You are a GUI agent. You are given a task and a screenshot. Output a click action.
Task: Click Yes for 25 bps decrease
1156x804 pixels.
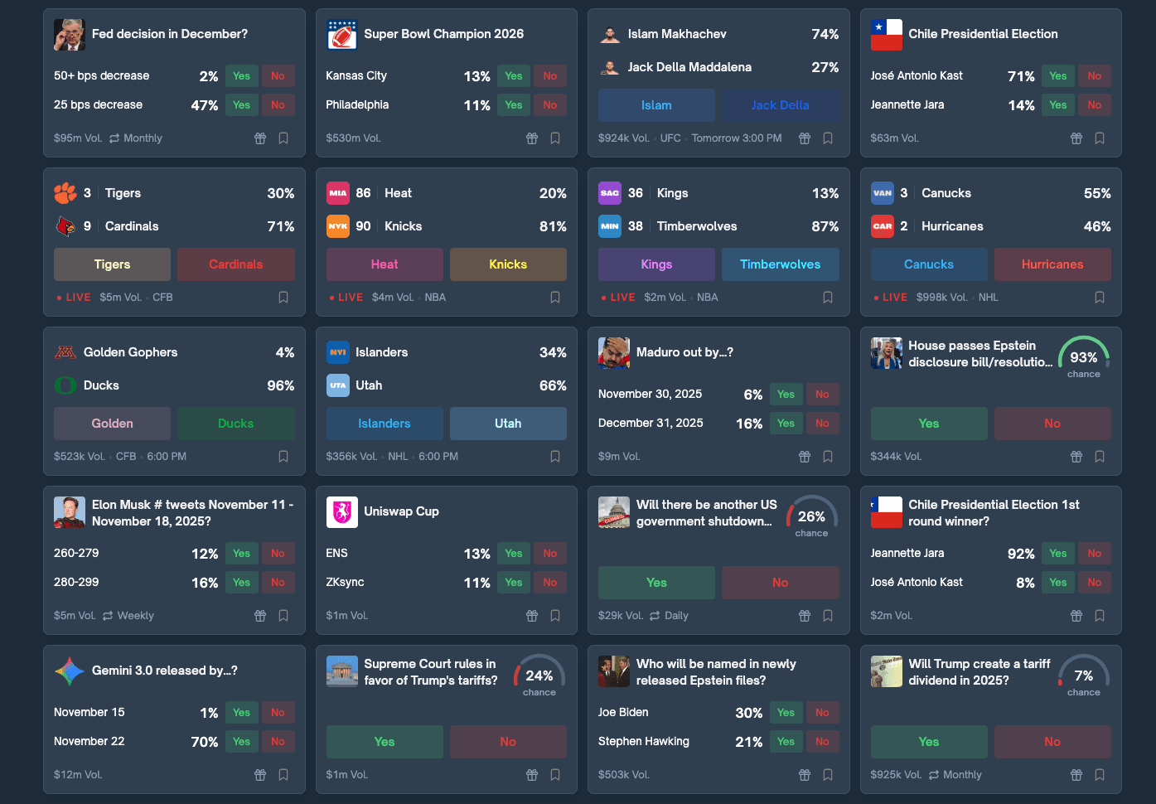(x=241, y=105)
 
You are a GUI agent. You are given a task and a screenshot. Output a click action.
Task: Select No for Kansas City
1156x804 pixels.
(x=550, y=76)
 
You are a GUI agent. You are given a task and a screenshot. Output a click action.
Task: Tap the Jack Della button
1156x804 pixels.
(x=780, y=105)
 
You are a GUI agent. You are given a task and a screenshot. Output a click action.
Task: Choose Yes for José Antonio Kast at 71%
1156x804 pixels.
(x=1057, y=76)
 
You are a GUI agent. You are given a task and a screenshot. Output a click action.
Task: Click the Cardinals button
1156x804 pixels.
(x=235, y=264)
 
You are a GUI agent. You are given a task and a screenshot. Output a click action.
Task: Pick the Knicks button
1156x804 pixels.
(x=508, y=264)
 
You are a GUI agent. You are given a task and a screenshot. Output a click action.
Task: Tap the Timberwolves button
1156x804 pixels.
(x=780, y=264)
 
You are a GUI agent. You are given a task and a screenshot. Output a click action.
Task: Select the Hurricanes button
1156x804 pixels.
(x=1052, y=264)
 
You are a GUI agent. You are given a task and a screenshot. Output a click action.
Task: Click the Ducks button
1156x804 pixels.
(x=235, y=424)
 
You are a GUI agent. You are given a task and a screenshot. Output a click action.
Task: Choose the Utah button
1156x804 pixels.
(x=508, y=424)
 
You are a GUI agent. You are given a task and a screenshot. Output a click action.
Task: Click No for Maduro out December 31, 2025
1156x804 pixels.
(x=822, y=424)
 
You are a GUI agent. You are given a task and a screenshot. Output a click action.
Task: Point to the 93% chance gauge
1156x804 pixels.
(x=1083, y=357)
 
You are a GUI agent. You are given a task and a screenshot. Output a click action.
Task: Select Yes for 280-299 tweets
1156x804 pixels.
(x=241, y=583)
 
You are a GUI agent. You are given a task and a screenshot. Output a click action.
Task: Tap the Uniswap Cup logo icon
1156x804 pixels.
(x=342, y=512)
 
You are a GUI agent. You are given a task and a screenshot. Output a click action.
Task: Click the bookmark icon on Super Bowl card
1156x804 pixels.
(x=555, y=138)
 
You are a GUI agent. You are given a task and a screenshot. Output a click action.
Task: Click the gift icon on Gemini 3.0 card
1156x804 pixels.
(x=260, y=775)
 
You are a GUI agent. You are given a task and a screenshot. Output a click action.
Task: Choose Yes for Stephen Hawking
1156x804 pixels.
(x=786, y=742)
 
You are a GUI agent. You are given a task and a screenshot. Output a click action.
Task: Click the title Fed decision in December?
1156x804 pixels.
(x=170, y=34)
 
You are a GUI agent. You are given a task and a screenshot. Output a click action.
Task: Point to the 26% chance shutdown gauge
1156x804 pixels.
(x=811, y=516)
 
